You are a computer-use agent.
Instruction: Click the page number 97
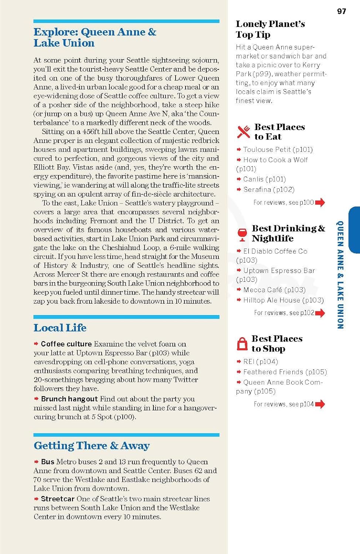(342, 11)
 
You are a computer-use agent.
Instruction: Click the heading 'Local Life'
(60, 328)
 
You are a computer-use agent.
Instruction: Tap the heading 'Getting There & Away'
(91, 446)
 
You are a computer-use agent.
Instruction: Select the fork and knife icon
(244, 132)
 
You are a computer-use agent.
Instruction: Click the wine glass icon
(242, 234)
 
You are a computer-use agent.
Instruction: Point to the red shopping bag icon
(242, 344)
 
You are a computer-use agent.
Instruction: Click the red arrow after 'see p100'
(320, 202)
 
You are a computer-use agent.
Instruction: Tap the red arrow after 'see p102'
(320, 313)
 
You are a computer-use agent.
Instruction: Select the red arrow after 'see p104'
(320, 404)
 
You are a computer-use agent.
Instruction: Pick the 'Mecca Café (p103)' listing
(274, 290)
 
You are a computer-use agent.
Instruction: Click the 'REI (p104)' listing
(261, 362)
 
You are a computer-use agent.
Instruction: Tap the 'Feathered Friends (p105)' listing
(285, 372)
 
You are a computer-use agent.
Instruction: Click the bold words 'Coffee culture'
(66, 344)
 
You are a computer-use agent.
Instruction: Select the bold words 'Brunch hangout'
(69, 399)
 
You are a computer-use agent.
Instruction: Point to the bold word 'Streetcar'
(58, 499)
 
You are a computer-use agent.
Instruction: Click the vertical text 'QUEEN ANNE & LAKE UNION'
(340, 275)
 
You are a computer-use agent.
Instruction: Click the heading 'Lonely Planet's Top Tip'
(270, 29)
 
